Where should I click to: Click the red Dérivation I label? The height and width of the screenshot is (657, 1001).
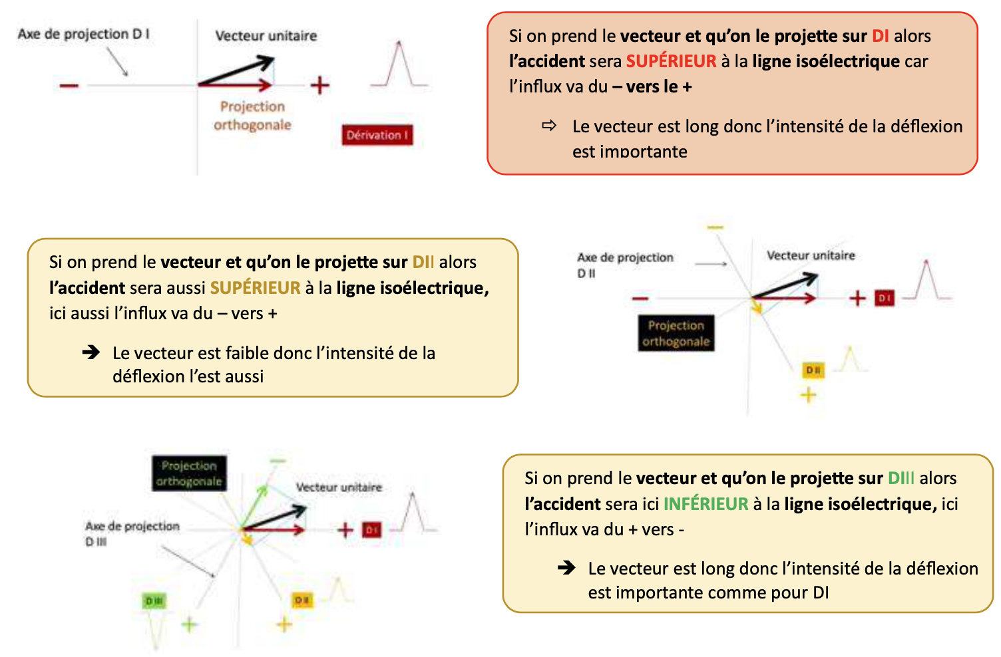[x=377, y=135]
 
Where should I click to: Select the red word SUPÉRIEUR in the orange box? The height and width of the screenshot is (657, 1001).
[x=671, y=61]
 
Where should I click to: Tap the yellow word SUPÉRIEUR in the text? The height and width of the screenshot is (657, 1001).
[x=256, y=288]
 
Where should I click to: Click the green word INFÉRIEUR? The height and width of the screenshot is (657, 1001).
[x=705, y=504]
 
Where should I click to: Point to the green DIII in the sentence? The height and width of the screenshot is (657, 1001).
[x=901, y=478]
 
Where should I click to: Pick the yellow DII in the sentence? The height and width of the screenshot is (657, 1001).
[x=423, y=262]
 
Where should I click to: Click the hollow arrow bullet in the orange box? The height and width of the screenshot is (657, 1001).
[x=549, y=126]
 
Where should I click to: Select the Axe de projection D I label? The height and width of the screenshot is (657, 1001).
[x=83, y=34]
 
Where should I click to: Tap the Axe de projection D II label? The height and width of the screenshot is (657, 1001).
[x=625, y=265]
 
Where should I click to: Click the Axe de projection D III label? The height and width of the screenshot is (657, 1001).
[x=132, y=533]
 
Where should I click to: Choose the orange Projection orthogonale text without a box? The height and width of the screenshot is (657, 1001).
[x=252, y=116]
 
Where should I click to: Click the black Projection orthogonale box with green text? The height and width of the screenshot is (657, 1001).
[x=189, y=473]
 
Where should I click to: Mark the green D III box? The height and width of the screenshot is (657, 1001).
[x=154, y=601]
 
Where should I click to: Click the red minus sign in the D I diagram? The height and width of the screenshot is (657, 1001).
[x=69, y=85]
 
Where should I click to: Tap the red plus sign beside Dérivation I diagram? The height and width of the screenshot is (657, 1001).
[x=320, y=85]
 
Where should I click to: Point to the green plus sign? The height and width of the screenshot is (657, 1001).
[x=190, y=624]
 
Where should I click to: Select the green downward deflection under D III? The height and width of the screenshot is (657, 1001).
[x=157, y=628]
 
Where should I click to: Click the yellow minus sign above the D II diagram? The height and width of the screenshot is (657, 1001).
[x=715, y=228]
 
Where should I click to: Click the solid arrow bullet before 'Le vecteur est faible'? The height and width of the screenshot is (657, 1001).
[x=91, y=352]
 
